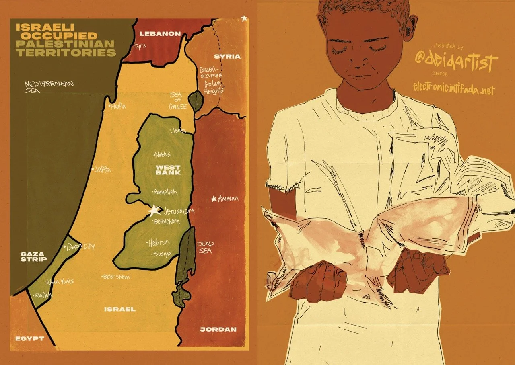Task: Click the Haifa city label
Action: [x=119, y=106]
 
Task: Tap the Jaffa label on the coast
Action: [x=103, y=170]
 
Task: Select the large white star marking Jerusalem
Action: [x=153, y=210]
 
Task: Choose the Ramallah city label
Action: [x=166, y=192]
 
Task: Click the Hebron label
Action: [x=159, y=243]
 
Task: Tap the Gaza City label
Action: [x=81, y=246]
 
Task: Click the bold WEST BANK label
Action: [x=168, y=169]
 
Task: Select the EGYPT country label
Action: [x=29, y=338]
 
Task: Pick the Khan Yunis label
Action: [x=61, y=281]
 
